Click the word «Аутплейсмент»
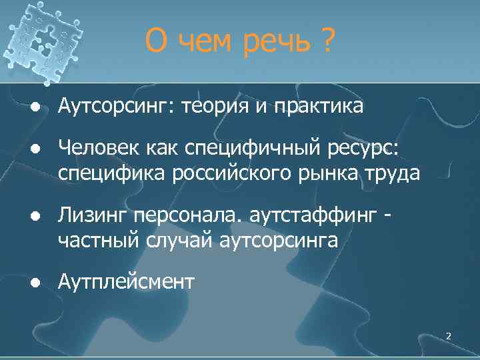[126, 282]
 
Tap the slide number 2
[448, 337]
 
